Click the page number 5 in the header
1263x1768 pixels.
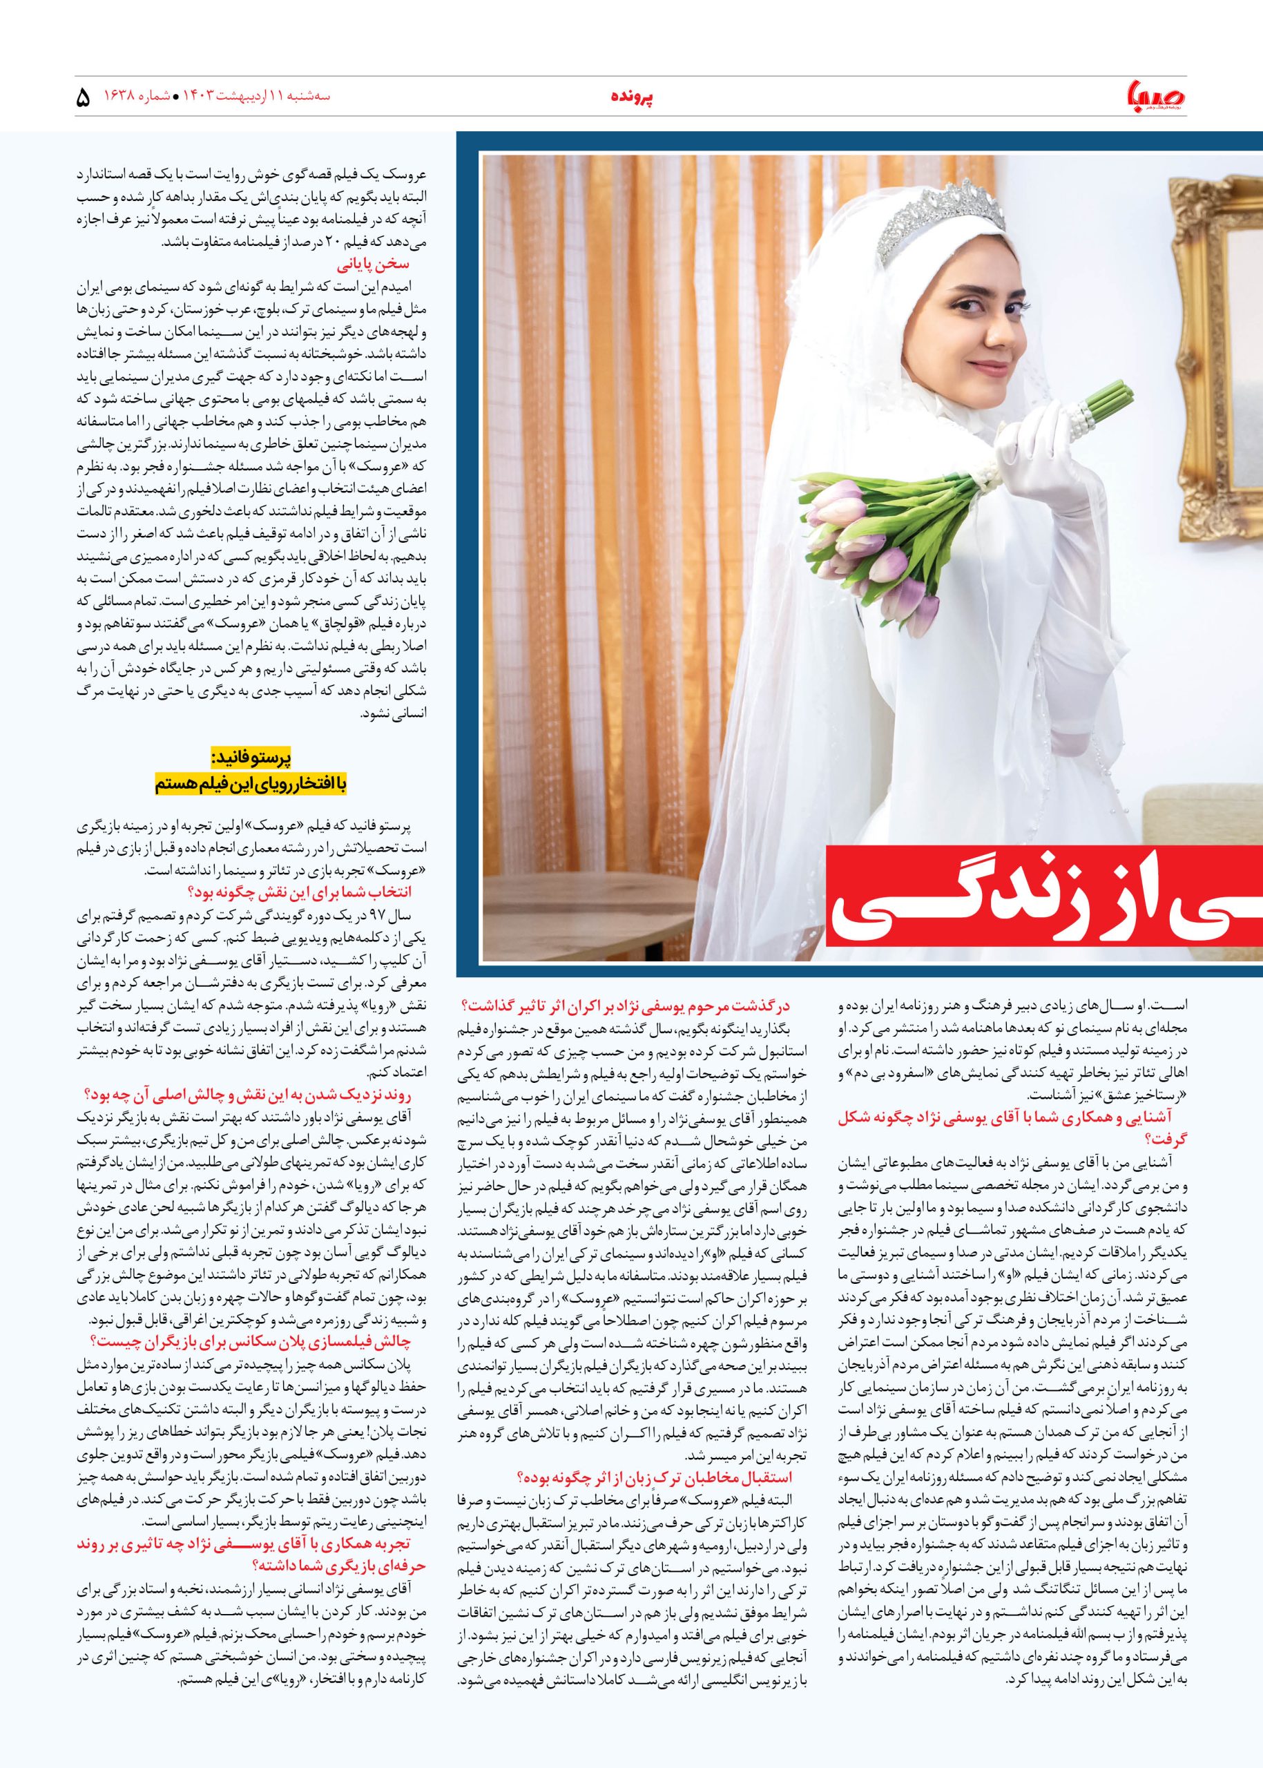coord(84,99)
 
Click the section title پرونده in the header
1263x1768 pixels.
coord(631,97)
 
